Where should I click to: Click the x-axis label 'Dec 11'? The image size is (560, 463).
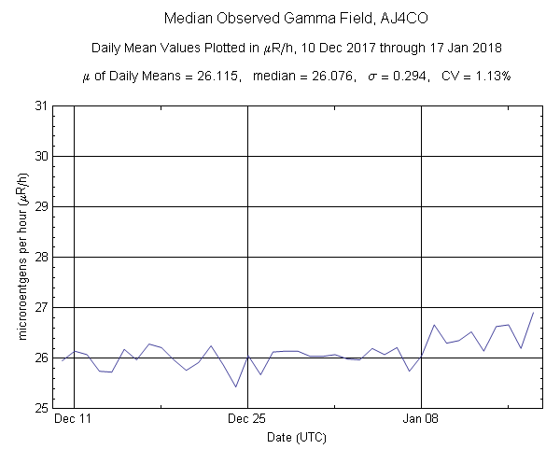coord(73,419)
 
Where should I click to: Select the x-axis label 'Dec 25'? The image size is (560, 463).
coord(247,419)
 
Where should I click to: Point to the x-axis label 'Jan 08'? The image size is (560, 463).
coord(422,419)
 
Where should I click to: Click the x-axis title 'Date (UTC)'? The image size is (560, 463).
coord(296,437)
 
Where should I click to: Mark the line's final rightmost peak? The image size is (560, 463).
coord(533,313)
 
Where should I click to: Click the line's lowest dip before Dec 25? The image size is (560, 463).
coord(235,386)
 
